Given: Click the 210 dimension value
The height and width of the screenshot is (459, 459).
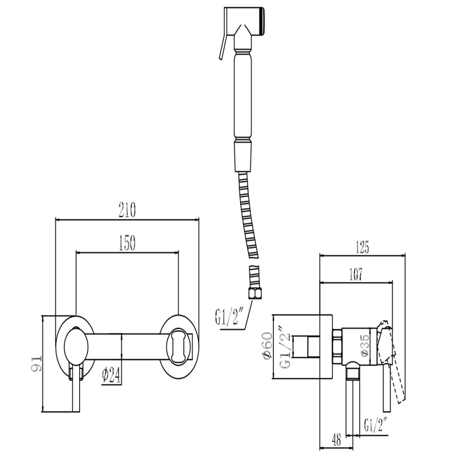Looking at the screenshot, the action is pyautogui.click(x=127, y=210).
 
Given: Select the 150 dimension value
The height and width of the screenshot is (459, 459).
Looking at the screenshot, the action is pyautogui.click(x=127, y=243).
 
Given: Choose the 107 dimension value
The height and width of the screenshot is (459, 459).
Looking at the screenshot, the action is pyautogui.click(x=356, y=275).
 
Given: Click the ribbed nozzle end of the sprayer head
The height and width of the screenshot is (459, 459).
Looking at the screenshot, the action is pyautogui.click(x=262, y=22).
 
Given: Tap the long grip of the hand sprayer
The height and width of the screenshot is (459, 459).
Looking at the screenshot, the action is pyautogui.click(x=243, y=95).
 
